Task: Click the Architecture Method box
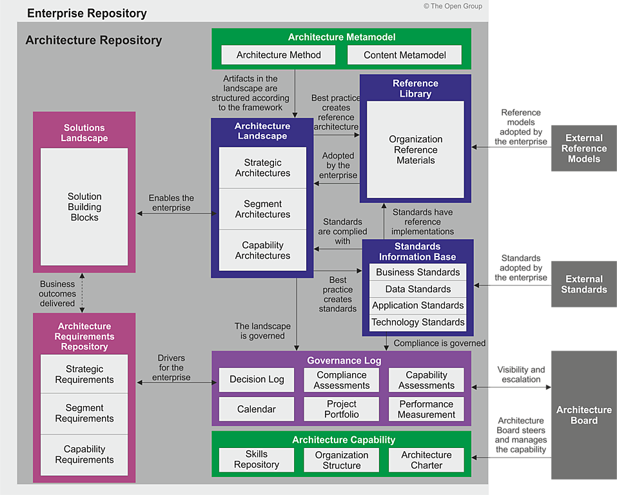(279, 55)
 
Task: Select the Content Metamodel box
(404, 55)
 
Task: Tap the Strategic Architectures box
(262, 168)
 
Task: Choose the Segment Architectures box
(262, 209)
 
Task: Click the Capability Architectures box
(262, 250)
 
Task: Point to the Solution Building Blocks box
(84, 206)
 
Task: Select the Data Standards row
(418, 289)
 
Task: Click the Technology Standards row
(418, 322)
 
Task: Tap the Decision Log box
(257, 380)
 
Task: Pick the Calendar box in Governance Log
(257, 409)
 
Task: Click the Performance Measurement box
(426, 409)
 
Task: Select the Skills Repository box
(257, 460)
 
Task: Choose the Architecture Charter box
(426, 460)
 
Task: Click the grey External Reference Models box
(583, 148)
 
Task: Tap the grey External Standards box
(583, 284)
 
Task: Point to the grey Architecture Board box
(583, 415)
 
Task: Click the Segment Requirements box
(84, 413)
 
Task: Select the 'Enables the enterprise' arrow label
(171, 202)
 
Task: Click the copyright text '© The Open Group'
(453, 6)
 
